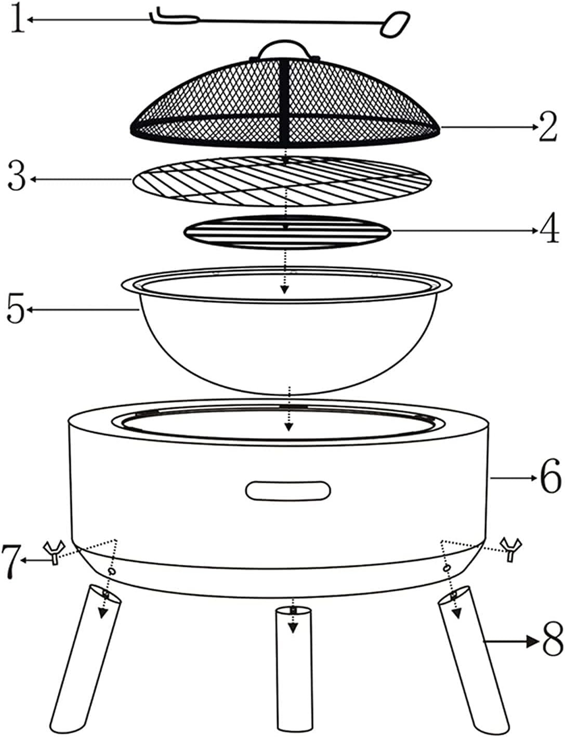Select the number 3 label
coord(16,178)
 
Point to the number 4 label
coord(549,230)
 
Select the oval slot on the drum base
coord(288,490)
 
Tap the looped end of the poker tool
coord(395,24)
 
